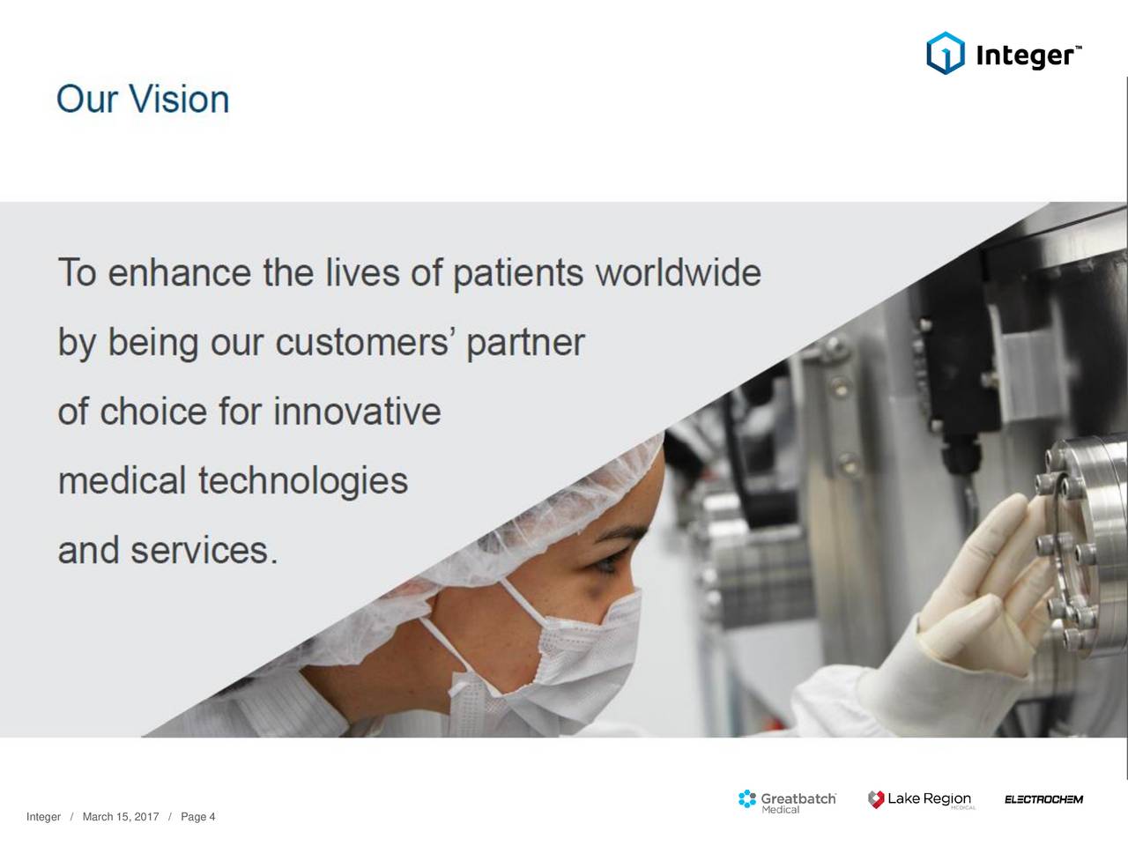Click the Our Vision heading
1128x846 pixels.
(143, 100)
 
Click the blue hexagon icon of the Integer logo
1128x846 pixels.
(945, 54)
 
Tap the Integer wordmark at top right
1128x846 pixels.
(1026, 56)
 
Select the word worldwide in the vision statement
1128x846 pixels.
(678, 272)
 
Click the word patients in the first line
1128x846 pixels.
(517, 272)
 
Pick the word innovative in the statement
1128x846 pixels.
(357, 412)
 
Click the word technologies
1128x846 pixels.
(302, 481)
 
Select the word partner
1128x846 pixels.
(525, 343)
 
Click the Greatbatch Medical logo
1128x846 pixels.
(787, 800)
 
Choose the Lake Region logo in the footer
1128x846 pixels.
(921, 799)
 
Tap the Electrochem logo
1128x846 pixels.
(1043, 800)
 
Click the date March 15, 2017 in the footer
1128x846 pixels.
(120, 817)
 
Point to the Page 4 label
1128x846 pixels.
(197, 817)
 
